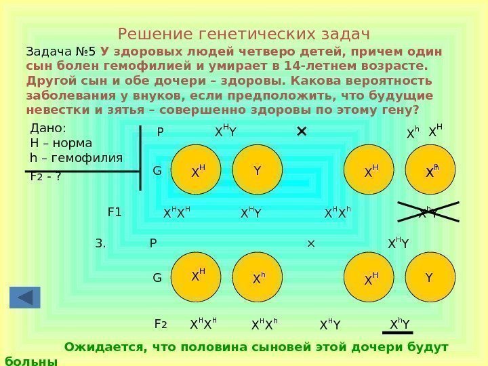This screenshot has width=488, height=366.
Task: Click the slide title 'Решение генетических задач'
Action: click(x=243, y=34)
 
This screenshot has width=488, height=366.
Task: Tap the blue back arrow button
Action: click(x=25, y=298)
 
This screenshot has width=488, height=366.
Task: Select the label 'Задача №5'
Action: click(x=61, y=52)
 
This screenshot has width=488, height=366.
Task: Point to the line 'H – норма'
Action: click(x=62, y=143)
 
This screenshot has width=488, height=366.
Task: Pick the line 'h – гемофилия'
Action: click(x=77, y=158)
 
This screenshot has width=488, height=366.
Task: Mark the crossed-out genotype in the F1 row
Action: click(x=428, y=212)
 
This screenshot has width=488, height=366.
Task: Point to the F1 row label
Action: click(x=115, y=211)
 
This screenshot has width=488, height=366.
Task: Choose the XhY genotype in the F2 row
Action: click(x=400, y=325)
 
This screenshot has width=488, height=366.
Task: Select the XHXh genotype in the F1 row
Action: click(x=337, y=213)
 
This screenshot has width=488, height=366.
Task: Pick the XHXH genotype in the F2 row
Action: click(x=203, y=325)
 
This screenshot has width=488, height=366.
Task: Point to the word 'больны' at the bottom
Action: click(x=31, y=361)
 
